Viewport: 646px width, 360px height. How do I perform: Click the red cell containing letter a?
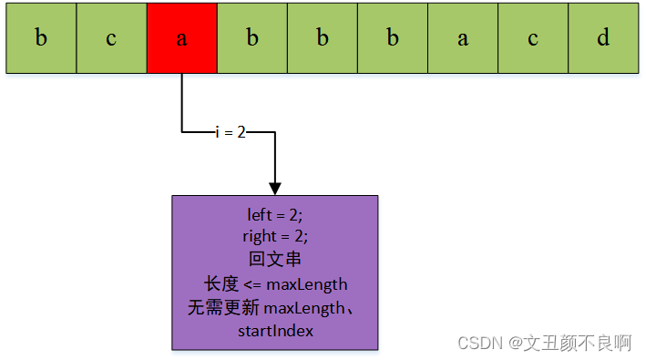click(181, 38)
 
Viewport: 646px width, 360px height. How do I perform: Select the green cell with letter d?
click(602, 38)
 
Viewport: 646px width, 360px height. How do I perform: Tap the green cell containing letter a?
click(463, 38)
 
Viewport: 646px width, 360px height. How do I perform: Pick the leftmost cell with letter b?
click(41, 38)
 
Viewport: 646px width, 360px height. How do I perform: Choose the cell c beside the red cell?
click(111, 38)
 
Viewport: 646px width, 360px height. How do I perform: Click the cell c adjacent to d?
click(533, 38)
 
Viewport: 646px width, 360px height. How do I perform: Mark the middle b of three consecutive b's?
click(323, 38)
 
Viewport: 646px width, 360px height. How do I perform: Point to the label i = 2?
click(231, 132)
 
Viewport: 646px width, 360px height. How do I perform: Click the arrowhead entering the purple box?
click(274, 186)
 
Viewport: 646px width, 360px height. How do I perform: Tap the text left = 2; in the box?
click(274, 215)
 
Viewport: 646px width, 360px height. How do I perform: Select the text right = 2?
click(274, 236)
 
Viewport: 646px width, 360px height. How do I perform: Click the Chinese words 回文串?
click(274, 259)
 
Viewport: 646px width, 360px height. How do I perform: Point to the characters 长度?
click(221, 283)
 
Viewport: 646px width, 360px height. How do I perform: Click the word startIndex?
click(275, 331)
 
